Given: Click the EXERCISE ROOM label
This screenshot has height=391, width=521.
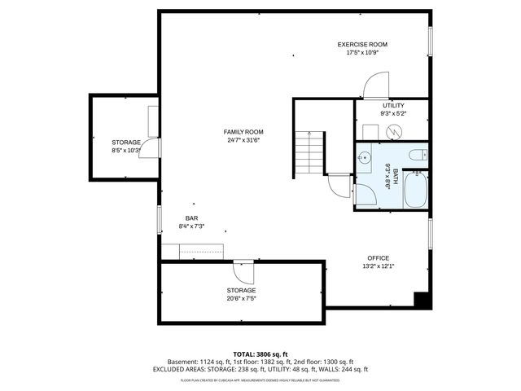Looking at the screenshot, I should tap(362, 44).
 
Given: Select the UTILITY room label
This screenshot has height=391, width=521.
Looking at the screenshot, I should tap(393, 106).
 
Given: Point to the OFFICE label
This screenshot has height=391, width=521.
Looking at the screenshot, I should tap(378, 258).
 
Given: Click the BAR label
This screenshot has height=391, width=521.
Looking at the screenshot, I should tap(191, 217).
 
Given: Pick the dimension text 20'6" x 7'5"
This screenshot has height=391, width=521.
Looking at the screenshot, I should tap(241, 298).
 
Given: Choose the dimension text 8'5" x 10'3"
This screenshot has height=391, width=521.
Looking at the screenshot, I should tap(126, 150).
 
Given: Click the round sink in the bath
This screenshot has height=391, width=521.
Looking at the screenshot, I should tap(365, 156).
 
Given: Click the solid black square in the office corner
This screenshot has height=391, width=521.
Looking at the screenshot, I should tap(421, 300).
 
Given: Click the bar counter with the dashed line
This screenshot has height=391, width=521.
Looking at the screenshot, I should tap(201, 252).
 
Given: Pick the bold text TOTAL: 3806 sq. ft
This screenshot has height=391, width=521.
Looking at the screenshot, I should tap(260, 354).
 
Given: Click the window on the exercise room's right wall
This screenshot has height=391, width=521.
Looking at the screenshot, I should tap(430, 42).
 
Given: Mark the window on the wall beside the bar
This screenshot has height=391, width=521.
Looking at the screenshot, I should tap(160, 221).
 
